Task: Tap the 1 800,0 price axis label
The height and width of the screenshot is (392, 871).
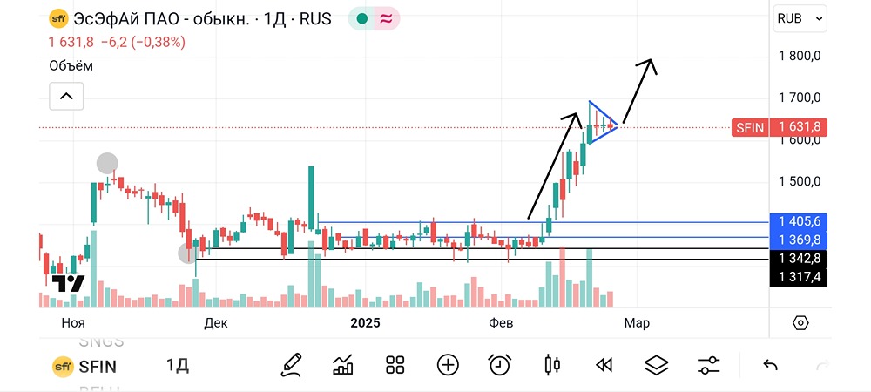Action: pos(800,56)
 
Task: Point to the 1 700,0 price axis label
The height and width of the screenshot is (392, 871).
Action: pos(800,97)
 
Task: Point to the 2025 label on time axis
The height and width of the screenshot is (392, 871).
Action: pos(366,323)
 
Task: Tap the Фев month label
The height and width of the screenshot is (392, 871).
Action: pos(501,323)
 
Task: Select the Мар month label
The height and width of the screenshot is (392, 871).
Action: pos(636,323)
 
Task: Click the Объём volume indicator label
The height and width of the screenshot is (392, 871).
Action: pos(71,65)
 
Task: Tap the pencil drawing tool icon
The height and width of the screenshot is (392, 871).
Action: pos(291,365)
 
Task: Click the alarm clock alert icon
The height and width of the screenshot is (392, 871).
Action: pos(499,365)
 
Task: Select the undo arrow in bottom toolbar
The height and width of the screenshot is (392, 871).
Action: pos(770,365)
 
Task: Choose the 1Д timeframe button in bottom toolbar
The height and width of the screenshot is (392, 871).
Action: pos(178,366)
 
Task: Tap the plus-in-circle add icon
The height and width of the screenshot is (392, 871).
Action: pos(448,365)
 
